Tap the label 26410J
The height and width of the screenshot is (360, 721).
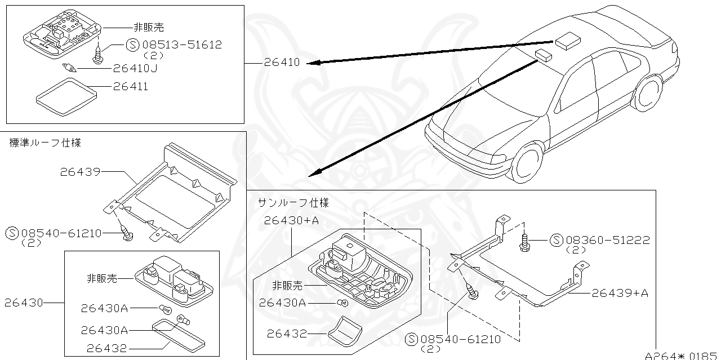point(135,68)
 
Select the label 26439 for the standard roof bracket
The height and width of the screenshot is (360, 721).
point(80,172)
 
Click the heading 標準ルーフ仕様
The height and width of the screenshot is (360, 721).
point(45,143)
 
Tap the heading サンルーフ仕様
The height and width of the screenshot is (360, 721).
point(293,202)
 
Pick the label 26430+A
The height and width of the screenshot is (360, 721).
point(291,221)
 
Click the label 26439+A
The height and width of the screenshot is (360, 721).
point(620,293)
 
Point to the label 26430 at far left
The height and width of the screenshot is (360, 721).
point(24,303)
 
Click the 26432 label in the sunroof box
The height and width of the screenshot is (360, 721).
point(287,334)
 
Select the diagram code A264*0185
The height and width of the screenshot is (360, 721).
point(682,355)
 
